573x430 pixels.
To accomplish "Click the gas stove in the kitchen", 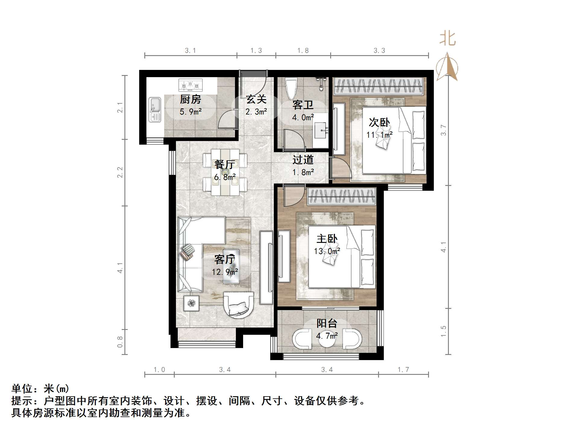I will (x=190, y=85).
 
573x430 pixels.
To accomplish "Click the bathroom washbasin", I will (x=321, y=130).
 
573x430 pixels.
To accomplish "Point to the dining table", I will (x=225, y=172).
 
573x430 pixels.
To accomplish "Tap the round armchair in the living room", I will (x=239, y=305).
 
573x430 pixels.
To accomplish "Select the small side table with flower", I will (x=191, y=303).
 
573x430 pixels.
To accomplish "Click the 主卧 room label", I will (x=327, y=239).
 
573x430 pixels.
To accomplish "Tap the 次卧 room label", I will (x=379, y=122).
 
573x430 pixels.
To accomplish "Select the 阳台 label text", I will (x=327, y=323).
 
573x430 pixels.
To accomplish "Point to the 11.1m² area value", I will (x=379, y=135).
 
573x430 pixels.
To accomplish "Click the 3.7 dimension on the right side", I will (x=443, y=130).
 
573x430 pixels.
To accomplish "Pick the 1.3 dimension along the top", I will (x=256, y=51).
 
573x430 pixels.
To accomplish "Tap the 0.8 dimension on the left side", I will (x=120, y=342).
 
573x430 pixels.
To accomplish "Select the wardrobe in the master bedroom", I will (x=342, y=197).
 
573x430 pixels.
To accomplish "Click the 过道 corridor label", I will (x=303, y=160).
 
